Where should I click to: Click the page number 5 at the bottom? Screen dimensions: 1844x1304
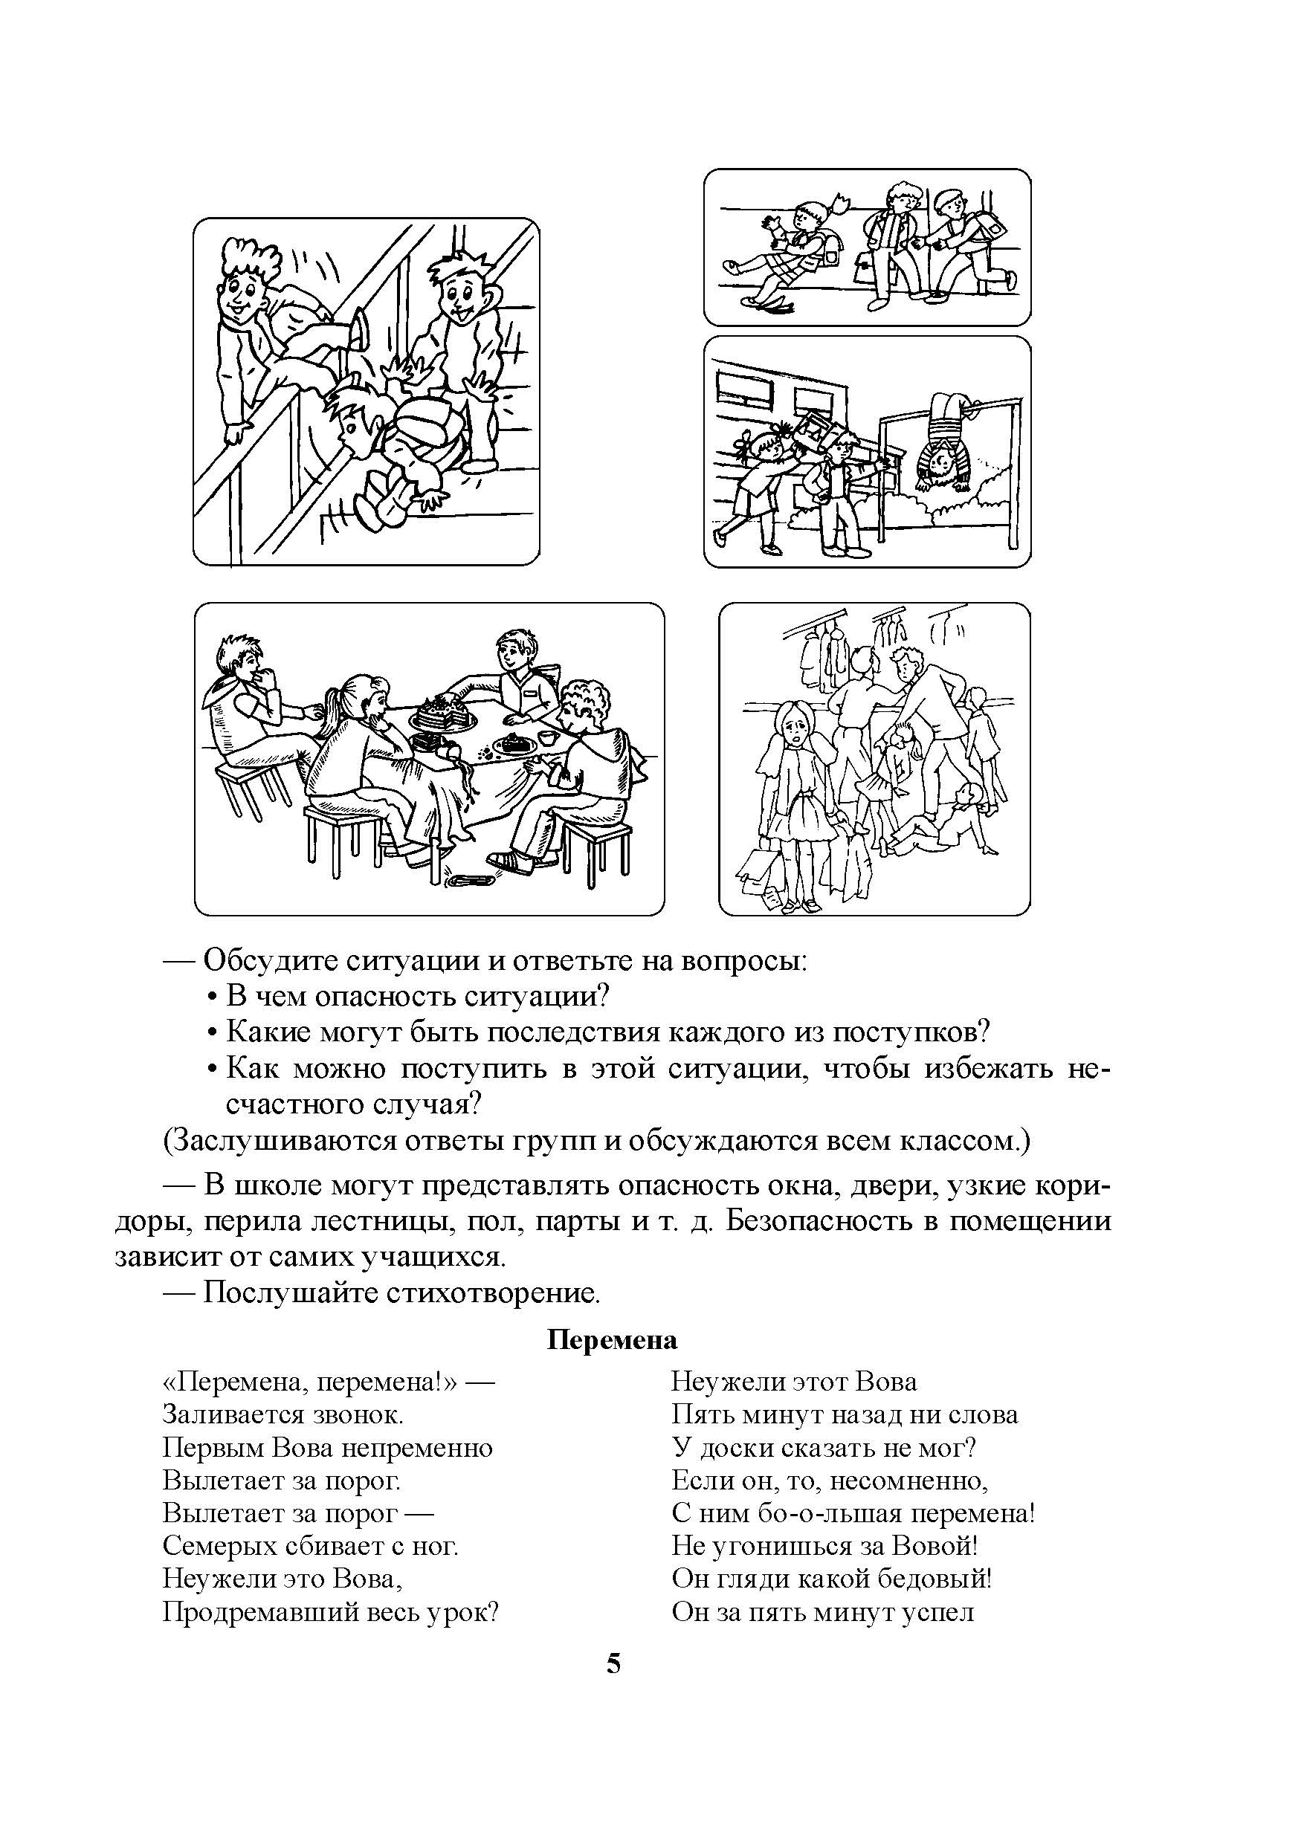[613, 1663]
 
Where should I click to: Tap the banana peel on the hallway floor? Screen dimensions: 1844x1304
[766, 302]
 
